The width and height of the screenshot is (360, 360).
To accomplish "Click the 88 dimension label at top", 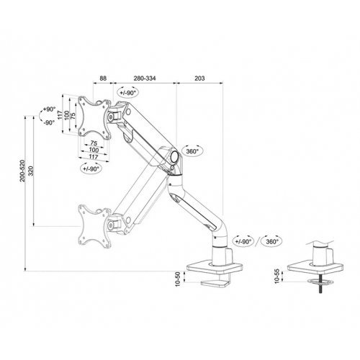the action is [103, 78].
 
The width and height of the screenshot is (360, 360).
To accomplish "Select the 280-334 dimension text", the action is [145, 78].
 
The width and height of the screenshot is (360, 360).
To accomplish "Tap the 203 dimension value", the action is [199, 78].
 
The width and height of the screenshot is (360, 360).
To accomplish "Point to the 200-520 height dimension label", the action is [22, 171].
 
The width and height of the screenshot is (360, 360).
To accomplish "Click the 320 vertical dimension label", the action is [31, 171].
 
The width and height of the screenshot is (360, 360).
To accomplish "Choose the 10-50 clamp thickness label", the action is [178, 279].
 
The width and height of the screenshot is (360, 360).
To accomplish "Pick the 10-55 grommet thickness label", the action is [277, 276].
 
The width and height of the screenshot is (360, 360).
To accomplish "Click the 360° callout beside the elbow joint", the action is [192, 151].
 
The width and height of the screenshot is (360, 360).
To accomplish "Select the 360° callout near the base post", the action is [272, 241].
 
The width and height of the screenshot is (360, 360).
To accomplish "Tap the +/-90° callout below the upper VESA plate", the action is [91, 168].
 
